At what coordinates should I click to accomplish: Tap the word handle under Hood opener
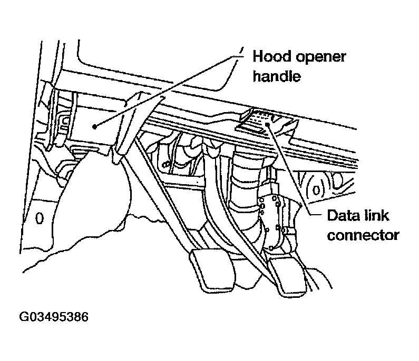click(277, 77)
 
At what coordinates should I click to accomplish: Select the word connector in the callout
click(363, 235)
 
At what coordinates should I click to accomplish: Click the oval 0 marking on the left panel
click(38, 218)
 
